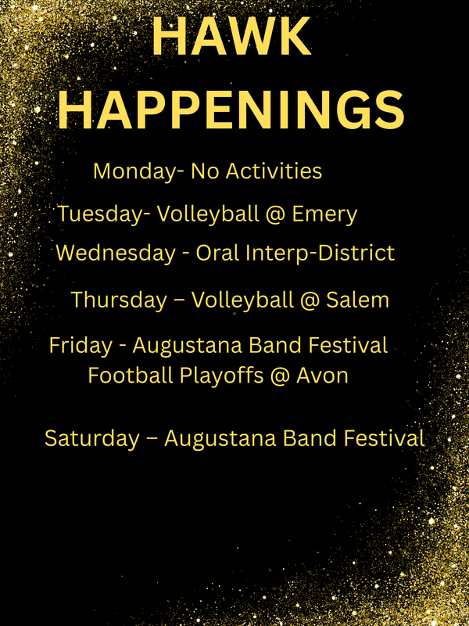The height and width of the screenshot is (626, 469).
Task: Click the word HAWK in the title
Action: pyautogui.click(x=231, y=36)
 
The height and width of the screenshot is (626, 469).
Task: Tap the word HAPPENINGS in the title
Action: pyautogui.click(x=232, y=110)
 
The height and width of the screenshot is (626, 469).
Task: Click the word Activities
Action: pyautogui.click(x=273, y=171)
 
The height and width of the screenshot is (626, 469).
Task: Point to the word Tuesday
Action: pyautogui.click(x=100, y=214)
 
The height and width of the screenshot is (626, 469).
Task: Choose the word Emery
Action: pyautogui.click(x=324, y=214)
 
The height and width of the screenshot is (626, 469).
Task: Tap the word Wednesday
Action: pyautogui.click(x=116, y=254)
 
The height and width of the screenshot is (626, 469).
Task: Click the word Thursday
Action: pyautogui.click(x=119, y=300)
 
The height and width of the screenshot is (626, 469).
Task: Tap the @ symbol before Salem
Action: pyautogui.click(x=310, y=300)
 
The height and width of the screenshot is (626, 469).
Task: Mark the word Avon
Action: pyautogui.click(x=324, y=376)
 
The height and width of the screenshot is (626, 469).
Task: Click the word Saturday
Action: pyautogui.click(x=91, y=438)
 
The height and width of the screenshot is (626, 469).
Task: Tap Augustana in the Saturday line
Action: pyautogui.click(x=227, y=438)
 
